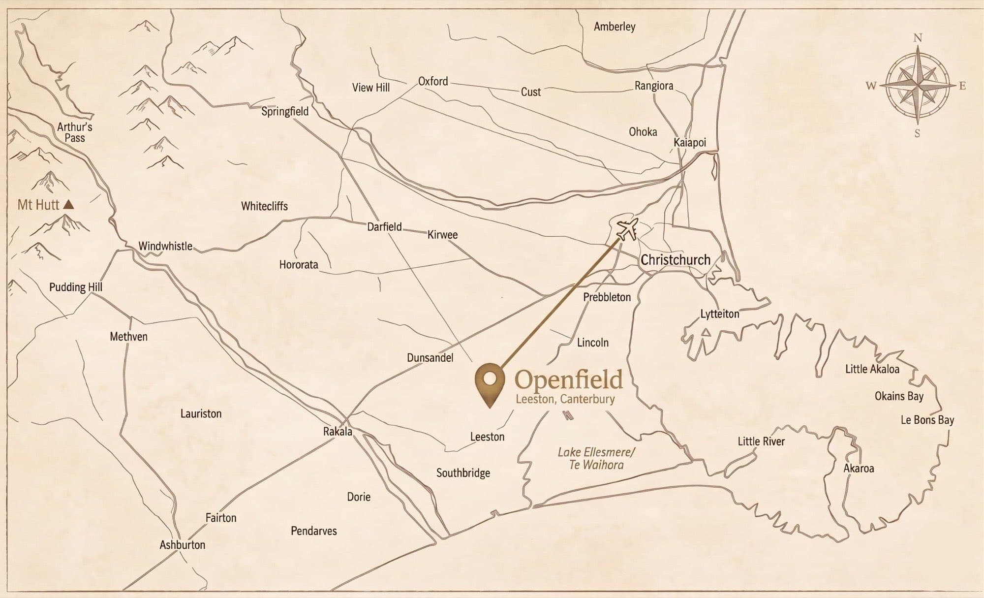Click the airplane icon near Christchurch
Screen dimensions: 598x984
click(626, 229)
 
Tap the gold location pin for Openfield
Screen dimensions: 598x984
click(490, 381)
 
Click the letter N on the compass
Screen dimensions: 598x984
click(918, 38)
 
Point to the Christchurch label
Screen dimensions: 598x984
click(675, 260)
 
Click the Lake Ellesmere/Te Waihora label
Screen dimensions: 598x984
click(596, 458)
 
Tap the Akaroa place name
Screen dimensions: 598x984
click(859, 468)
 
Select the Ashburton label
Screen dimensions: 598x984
click(182, 545)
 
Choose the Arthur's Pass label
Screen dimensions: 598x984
click(75, 132)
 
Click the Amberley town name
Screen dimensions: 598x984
click(614, 27)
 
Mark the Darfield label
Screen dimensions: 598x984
click(384, 227)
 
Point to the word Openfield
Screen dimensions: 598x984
click(569, 380)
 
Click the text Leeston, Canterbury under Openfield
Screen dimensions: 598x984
click(565, 399)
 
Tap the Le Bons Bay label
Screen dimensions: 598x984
click(927, 420)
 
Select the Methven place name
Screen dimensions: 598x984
click(128, 337)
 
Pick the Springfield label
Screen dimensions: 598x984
click(285, 111)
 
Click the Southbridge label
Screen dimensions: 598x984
click(463, 473)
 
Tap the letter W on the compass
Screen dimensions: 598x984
click(871, 86)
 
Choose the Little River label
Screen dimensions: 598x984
click(761, 441)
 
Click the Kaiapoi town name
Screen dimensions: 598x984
click(689, 142)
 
